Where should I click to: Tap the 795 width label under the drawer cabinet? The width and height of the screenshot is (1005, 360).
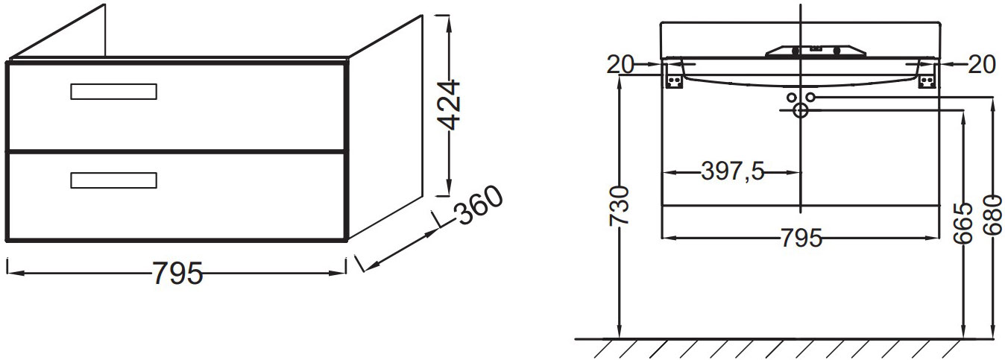tap(177, 274)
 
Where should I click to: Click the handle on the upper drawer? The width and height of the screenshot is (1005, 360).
tap(113, 92)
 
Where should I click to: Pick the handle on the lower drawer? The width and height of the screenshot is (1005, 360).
tap(113, 180)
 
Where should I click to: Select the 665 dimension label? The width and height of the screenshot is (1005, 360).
tap(965, 223)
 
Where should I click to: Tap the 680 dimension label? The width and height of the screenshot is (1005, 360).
tap(993, 216)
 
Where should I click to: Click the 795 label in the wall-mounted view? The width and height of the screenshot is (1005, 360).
tap(801, 239)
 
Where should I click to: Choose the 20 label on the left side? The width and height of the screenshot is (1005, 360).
tap(620, 66)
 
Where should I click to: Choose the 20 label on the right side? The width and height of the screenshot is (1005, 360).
tap(983, 66)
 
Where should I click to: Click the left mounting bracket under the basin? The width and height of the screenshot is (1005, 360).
tap(674, 79)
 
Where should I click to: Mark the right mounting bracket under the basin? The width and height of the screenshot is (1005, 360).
tap(927, 79)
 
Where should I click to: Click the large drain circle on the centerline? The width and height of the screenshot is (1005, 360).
tap(801, 111)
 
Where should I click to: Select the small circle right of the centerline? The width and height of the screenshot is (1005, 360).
tap(810, 98)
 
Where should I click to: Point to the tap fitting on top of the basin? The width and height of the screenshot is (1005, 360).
tap(816, 51)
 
